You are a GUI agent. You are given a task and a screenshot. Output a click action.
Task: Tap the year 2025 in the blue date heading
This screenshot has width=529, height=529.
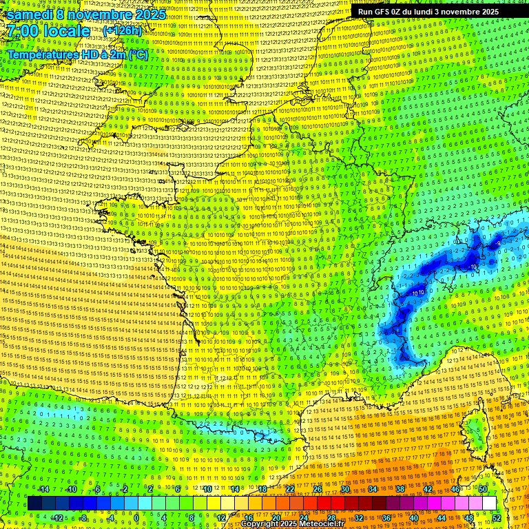coord(149,14)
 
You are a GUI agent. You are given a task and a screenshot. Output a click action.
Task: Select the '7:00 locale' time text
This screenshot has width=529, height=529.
coord(49,31)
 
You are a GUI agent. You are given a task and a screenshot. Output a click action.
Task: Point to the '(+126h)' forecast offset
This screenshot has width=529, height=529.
coord(122,31)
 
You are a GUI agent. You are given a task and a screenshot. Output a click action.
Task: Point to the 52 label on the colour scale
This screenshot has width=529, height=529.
coord(497,517)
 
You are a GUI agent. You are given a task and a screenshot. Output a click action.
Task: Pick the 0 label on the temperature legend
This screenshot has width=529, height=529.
coord(136,517)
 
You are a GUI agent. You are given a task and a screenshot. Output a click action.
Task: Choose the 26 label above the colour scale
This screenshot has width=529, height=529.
coord(318,489)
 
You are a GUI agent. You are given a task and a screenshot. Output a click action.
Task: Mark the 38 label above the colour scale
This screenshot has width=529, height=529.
coord(400,489)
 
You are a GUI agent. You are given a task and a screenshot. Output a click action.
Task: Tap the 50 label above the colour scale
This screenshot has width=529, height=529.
coord(483,489)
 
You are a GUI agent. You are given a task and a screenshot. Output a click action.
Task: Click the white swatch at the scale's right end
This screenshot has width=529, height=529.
coord(489,504)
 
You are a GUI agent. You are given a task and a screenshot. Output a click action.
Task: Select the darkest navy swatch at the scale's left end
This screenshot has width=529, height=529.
coord(34,504)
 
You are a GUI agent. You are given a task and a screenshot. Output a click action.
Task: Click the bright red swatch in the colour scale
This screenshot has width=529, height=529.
coord(324,504)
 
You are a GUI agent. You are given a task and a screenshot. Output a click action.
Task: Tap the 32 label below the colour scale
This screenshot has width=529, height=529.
coord(359,517)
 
